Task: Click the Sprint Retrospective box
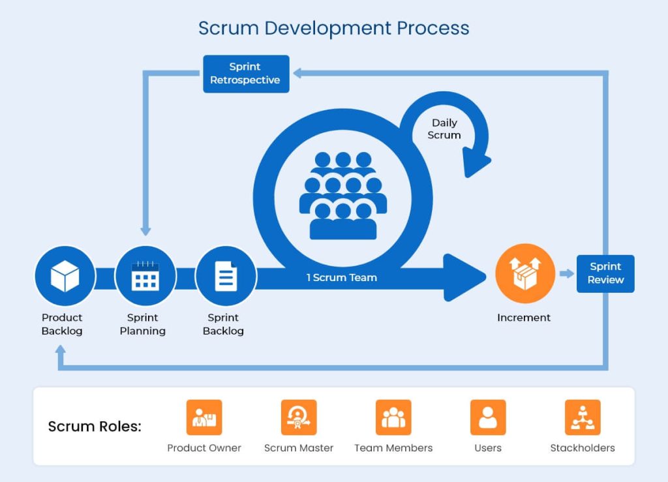pos(246,74)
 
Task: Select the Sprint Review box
pos(605,273)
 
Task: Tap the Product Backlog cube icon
pos(65,277)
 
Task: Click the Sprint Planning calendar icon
pos(145,277)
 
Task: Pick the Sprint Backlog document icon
pos(226,277)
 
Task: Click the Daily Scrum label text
pos(444,129)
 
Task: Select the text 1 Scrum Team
pos(342,277)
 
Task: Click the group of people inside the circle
pos(342,195)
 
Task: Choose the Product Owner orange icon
pos(204,417)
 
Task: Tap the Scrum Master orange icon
pos(299,417)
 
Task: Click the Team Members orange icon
pos(393,417)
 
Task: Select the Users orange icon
pos(488,417)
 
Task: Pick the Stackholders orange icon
pos(583,417)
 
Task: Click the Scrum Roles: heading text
pos(95,427)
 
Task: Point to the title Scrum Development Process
pos(333,29)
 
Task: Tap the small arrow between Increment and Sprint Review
pos(567,274)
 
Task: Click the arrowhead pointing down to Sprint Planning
pos(145,231)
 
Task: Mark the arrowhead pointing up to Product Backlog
pos(61,350)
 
